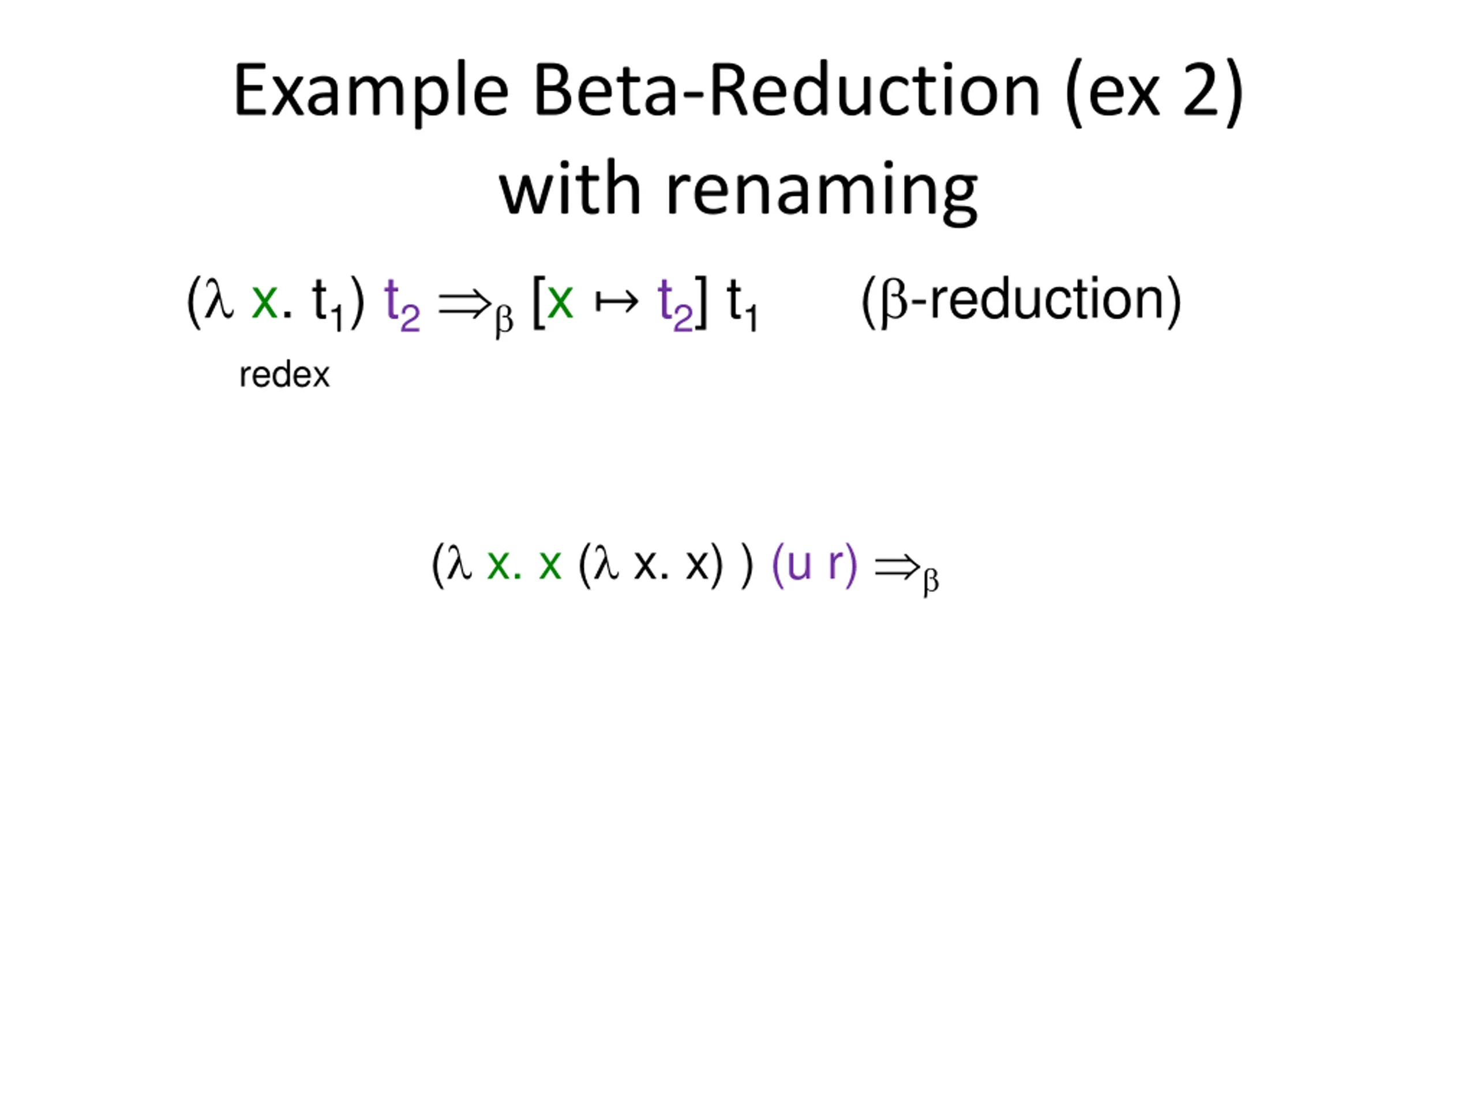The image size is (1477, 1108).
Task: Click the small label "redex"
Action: tap(284, 375)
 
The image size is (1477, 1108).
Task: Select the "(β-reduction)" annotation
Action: tap(1022, 300)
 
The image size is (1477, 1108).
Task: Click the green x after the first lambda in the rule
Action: tap(264, 301)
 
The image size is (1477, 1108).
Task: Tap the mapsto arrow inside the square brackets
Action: tap(616, 302)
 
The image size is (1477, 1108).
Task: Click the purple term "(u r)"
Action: tap(814, 564)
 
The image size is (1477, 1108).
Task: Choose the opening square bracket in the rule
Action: tap(538, 302)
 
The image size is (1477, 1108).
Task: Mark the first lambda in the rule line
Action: tap(219, 300)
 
